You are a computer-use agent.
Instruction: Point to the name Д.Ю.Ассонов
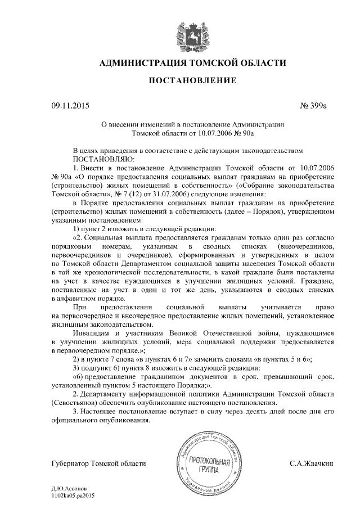point(68,491)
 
